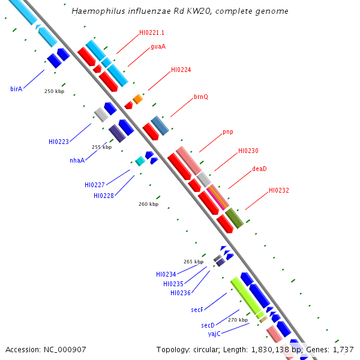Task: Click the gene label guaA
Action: tap(158, 46)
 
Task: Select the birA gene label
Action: tap(16, 89)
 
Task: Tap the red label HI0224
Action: tap(181, 70)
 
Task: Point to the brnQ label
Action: tap(201, 97)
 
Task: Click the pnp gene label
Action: tap(228, 132)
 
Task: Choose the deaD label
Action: tap(259, 169)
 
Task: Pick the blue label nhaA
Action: tap(77, 160)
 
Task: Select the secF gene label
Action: tap(197, 310)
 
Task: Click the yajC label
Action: tap(214, 334)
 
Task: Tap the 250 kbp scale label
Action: tap(55, 91)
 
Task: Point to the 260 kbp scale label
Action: tap(149, 204)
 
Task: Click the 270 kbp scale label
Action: tap(238, 320)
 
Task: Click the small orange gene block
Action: tap(138, 99)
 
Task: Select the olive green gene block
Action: tap(235, 218)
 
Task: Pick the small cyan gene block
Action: tap(140, 161)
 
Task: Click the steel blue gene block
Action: tap(160, 125)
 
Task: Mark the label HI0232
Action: tap(279, 190)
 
